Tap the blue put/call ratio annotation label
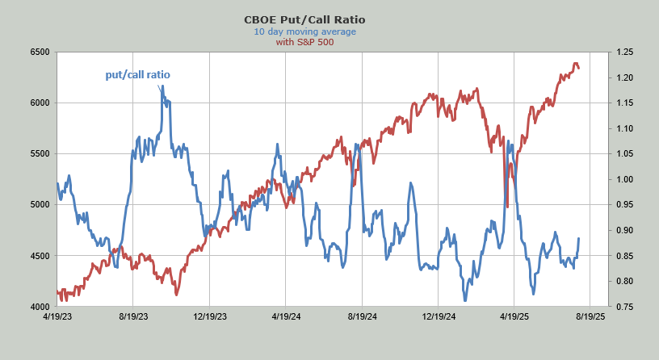tap(138, 75)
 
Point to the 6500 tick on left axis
tap(40, 52)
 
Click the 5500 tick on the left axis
tap(40, 154)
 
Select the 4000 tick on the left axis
tap(40, 307)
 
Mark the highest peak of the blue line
tap(162, 86)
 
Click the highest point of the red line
tap(575, 63)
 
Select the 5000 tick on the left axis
tap(40, 205)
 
